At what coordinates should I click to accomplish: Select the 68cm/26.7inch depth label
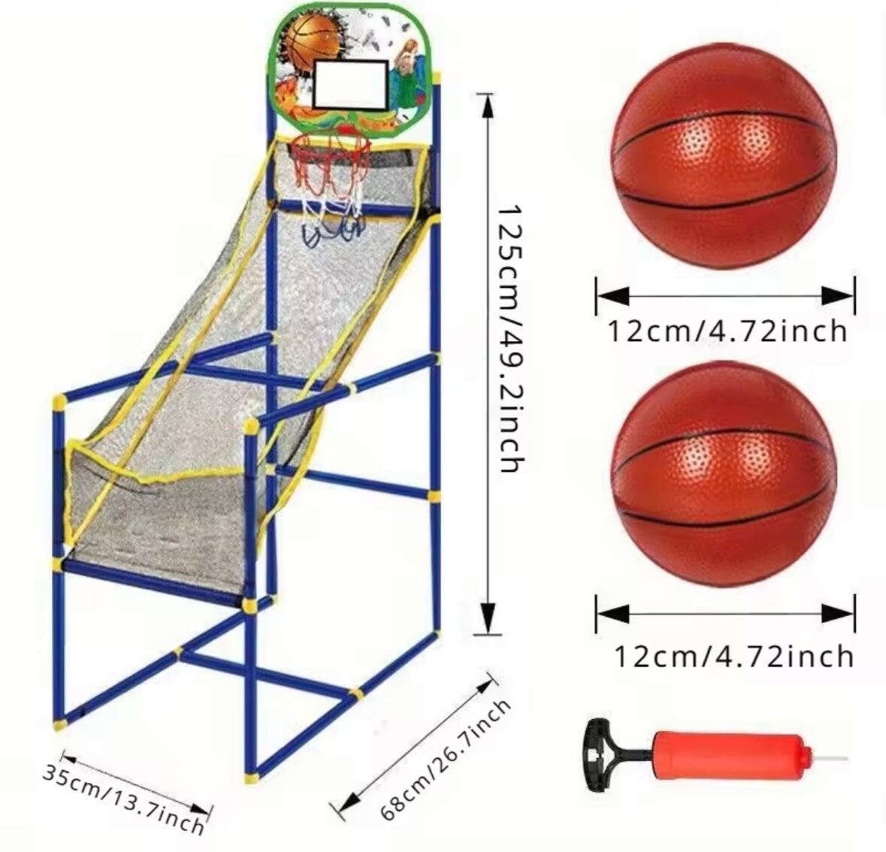tap(445, 759)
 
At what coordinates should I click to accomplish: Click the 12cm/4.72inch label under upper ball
tap(727, 330)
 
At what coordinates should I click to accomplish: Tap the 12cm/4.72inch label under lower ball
tap(733, 656)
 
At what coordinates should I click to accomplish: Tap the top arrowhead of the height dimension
tap(487, 104)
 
